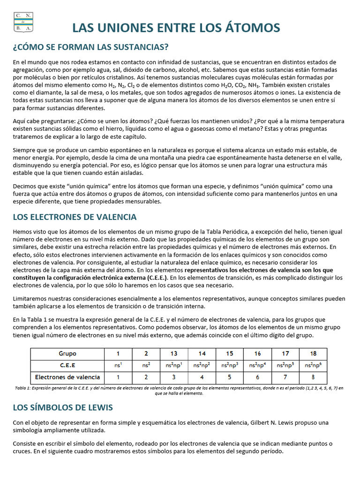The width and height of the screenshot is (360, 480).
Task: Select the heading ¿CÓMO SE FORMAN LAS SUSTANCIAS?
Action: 90,47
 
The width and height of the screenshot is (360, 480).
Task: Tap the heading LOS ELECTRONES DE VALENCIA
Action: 75,217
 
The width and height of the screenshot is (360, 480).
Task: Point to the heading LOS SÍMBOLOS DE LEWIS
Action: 63,407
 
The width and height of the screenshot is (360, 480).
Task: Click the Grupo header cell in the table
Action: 67,353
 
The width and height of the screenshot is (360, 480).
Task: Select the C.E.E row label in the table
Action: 67,365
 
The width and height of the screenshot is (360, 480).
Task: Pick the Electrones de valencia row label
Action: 67,377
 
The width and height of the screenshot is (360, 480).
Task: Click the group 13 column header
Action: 174,353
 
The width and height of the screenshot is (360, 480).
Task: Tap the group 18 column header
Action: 313,353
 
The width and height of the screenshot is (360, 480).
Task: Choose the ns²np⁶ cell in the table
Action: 313,365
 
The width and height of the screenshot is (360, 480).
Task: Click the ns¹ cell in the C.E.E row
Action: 119,365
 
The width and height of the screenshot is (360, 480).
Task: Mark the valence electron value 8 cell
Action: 313,377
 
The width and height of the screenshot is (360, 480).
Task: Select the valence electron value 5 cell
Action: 230,377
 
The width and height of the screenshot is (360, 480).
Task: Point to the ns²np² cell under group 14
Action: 202,365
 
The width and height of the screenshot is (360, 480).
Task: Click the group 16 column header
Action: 257,353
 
